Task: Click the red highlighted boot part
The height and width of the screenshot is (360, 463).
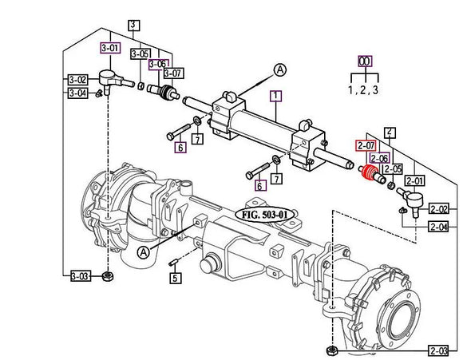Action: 370,175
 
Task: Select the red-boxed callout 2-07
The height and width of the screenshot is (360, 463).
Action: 366,145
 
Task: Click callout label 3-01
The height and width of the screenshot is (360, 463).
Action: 110,48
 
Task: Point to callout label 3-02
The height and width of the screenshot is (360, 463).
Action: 77,80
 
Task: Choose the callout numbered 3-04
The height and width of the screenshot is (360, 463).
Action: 77,93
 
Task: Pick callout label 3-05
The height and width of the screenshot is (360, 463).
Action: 140,54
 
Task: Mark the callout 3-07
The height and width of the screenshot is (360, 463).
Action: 173,73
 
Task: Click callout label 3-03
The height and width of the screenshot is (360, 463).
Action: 79,276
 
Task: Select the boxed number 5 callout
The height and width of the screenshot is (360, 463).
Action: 175,279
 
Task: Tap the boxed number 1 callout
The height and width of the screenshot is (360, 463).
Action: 276,97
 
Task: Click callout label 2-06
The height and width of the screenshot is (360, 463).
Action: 379,158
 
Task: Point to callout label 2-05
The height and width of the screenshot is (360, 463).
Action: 392,169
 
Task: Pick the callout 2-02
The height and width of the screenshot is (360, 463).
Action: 438,208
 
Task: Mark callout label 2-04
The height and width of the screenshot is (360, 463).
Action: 438,227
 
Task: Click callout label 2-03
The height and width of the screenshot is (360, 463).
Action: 437,350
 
